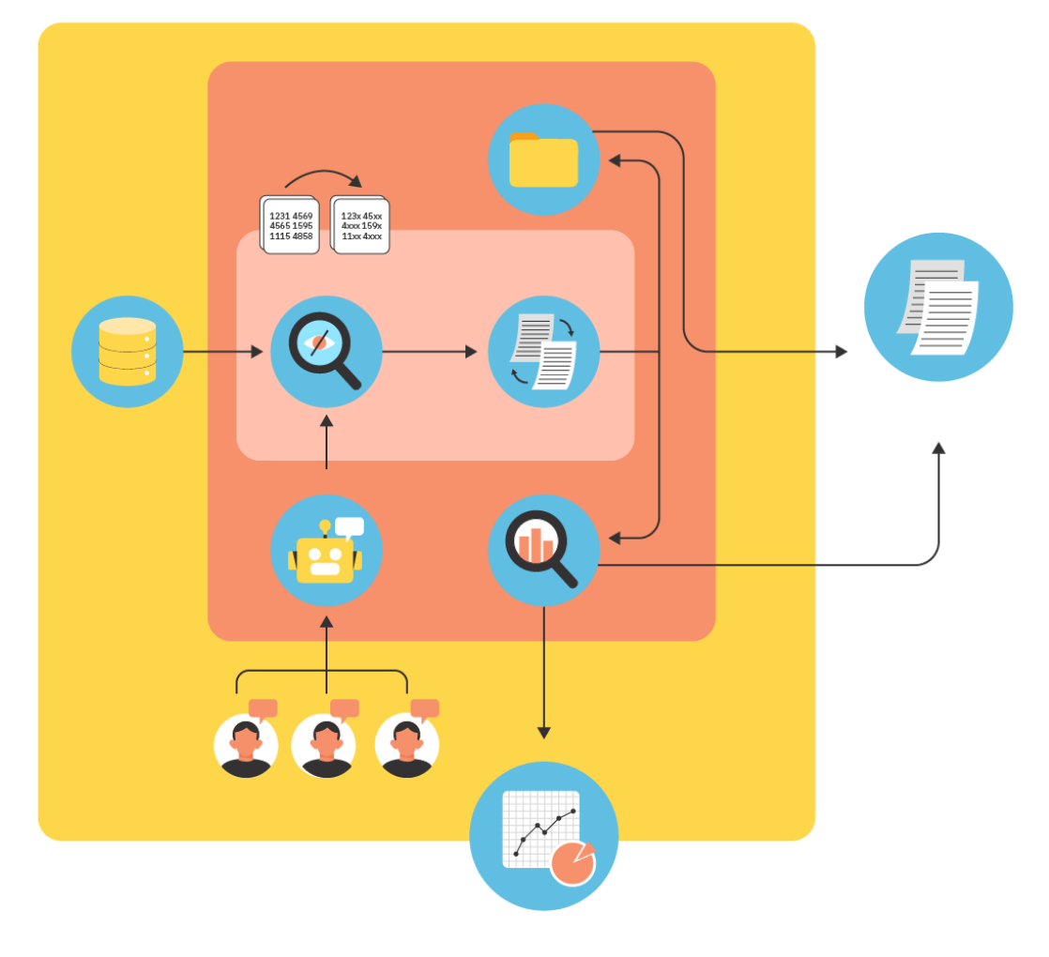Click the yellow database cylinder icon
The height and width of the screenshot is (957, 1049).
coord(127,352)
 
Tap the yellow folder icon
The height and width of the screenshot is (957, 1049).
coord(543,159)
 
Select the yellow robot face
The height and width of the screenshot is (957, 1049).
coord(326,560)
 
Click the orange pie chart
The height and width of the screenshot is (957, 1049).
coord(572,863)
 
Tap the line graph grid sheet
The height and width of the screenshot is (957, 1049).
coord(540,829)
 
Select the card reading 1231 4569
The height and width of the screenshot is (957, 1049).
coord(290,225)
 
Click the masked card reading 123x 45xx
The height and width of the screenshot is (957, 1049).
coord(360,225)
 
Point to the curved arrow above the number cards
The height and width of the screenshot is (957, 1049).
coord(324,173)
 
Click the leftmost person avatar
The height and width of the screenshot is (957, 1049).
coord(246,745)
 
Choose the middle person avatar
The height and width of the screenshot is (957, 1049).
coord(325,745)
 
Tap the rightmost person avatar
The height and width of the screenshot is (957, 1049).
coord(407,745)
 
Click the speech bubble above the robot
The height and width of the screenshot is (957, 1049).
coord(349,527)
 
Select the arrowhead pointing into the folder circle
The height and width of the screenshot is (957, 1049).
coord(615,160)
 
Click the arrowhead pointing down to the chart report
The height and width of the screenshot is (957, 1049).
coord(544,733)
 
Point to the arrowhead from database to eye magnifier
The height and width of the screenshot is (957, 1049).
coord(257,352)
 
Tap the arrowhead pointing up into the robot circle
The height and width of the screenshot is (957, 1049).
coord(327,622)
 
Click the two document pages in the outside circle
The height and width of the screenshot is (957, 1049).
coord(938,307)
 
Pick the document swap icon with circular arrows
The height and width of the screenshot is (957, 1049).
coord(543,351)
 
